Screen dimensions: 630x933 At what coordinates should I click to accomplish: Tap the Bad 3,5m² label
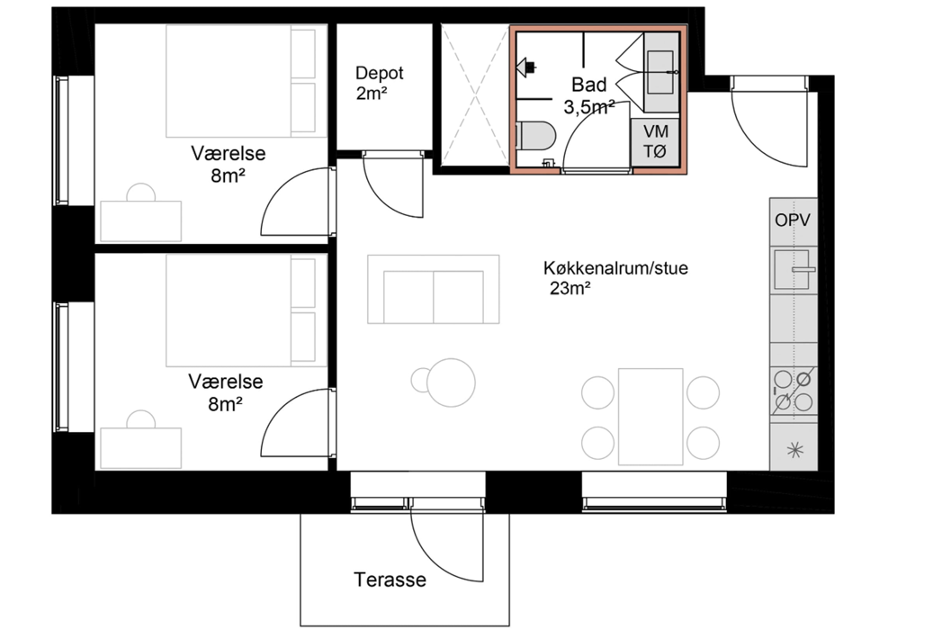pos(589,95)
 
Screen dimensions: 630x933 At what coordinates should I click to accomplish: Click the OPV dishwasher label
pos(793,220)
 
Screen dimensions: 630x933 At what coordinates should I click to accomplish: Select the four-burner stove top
pos(794,391)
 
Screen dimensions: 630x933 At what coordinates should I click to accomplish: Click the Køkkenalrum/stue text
pos(615,268)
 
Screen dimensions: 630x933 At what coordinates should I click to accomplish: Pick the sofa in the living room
pos(434,290)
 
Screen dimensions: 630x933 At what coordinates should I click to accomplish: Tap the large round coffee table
pos(450,382)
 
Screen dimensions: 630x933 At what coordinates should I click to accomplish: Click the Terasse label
pos(390,580)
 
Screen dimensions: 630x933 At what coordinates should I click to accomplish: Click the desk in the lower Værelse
pos(140,447)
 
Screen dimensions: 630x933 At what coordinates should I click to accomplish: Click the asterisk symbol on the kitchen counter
pos(794,449)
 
